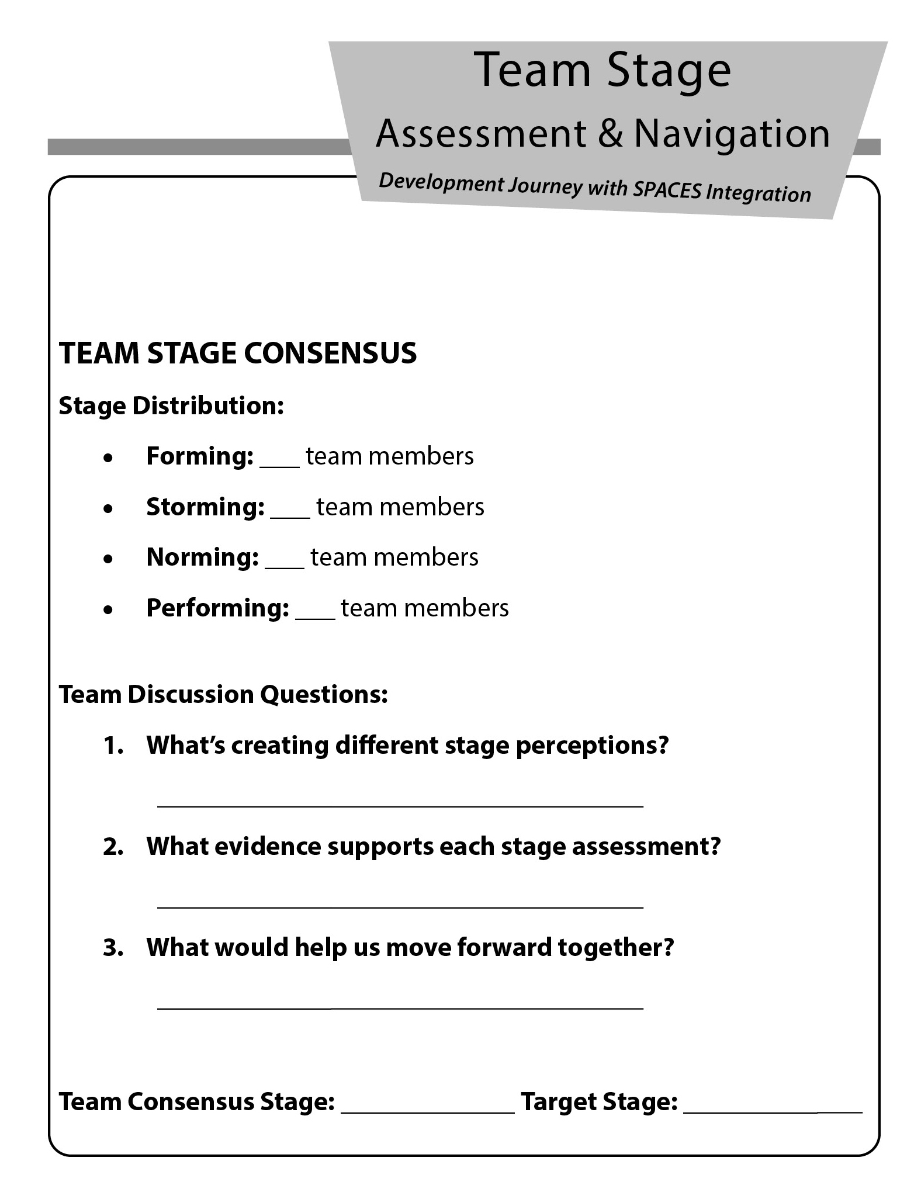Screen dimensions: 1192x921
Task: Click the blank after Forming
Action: click(x=279, y=465)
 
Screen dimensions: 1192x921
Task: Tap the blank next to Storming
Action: click(x=290, y=515)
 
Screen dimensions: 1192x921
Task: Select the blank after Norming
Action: click(x=284, y=566)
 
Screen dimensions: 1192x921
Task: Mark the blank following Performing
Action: click(x=315, y=616)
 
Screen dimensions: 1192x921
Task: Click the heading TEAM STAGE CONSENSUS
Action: click(x=238, y=354)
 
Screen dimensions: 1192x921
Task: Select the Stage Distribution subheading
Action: click(x=171, y=406)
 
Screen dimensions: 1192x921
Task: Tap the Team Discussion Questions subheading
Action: click(x=223, y=695)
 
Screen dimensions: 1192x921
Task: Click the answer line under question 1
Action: click(x=400, y=805)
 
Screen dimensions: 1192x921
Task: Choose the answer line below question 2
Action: click(x=400, y=906)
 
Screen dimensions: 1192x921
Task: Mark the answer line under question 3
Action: click(x=400, y=1007)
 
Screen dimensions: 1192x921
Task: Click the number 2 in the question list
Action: click(x=113, y=847)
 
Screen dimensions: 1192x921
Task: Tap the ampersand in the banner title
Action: click(x=610, y=133)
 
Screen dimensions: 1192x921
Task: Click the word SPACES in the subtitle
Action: click(x=667, y=190)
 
